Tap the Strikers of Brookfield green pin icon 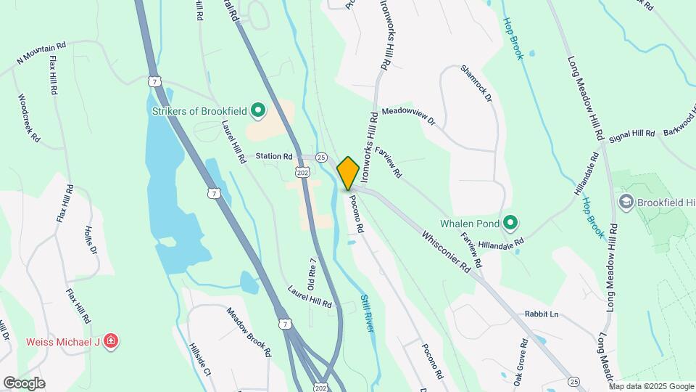point(258,111)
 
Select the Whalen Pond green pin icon point(510,222)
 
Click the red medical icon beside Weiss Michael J point(110,341)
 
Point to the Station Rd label point(273,156)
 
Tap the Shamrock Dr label point(476,83)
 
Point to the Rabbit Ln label point(542,314)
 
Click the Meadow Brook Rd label point(248,332)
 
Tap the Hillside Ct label point(199,359)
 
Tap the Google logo point(23,383)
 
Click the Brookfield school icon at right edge point(626,200)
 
